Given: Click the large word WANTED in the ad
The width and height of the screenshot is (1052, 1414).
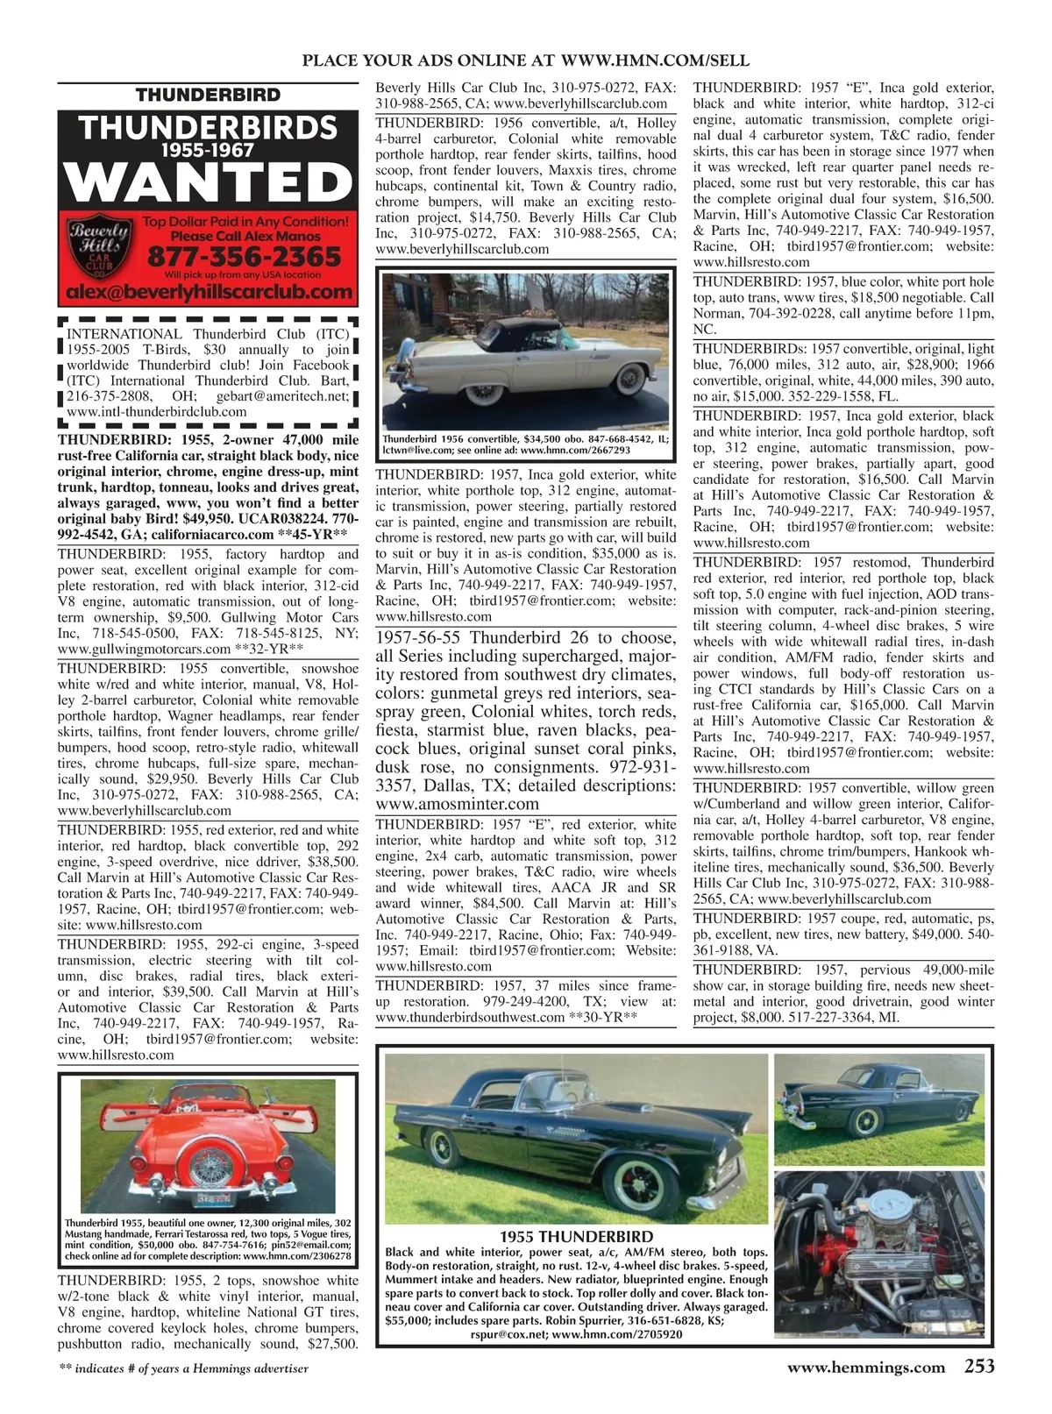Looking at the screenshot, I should coord(207,183).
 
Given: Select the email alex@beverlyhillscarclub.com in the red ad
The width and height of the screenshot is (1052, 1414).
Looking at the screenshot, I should coord(207,291).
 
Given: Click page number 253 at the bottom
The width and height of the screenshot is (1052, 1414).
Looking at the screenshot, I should coord(978,1366).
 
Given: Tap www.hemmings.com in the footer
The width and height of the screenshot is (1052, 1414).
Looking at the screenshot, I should coord(866,1367).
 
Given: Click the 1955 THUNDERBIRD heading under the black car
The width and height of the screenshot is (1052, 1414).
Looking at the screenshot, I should coord(579,1237).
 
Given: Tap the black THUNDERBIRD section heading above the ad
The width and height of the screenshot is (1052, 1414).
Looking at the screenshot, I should coord(208,95).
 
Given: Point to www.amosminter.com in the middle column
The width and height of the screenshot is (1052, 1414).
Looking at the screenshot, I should coord(457,803).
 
